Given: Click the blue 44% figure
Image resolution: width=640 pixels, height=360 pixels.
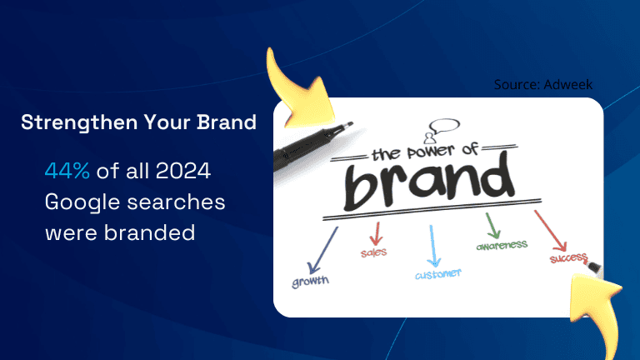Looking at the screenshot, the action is pyautogui.click(x=67, y=171).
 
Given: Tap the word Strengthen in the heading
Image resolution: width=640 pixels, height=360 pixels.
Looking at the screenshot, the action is pyautogui.click(x=79, y=122).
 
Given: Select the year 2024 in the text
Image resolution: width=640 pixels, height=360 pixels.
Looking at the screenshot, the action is pyautogui.click(x=183, y=171).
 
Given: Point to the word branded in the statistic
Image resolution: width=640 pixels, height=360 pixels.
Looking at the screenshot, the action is pyautogui.click(x=149, y=232).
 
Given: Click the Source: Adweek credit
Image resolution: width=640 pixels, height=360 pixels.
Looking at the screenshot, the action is pyautogui.click(x=542, y=84).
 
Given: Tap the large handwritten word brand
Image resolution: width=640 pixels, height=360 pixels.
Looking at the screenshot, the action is pyautogui.click(x=428, y=182).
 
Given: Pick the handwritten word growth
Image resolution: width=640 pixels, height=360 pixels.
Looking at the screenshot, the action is pyautogui.click(x=310, y=281).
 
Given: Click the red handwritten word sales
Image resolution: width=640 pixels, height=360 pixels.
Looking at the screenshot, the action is pyautogui.click(x=373, y=252).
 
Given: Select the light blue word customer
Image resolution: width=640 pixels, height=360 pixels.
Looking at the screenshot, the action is pyautogui.click(x=438, y=274).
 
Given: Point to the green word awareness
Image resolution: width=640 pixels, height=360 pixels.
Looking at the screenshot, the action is pyautogui.click(x=502, y=245).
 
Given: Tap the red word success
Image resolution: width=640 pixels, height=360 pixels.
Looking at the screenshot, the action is pyautogui.click(x=568, y=258).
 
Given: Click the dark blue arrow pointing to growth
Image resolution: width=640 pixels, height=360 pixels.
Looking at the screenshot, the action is pyautogui.click(x=322, y=251).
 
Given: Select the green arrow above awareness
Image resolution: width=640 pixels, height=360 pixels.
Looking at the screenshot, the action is pyautogui.click(x=492, y=226).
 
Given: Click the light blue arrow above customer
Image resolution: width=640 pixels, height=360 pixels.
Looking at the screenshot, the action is pyautogui.click(x=432, y=246).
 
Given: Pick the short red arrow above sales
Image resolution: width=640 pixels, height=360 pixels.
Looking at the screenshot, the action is pyautogui.click(x=377, y=234).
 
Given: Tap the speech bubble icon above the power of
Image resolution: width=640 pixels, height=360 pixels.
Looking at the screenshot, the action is pyautogui.click(x=444, y=126).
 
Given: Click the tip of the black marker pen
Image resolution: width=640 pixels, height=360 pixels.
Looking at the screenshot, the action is pyautogui.click(x=352, y=122).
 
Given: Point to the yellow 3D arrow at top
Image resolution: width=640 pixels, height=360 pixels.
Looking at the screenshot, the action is pyautogui.click(x=298, y=90).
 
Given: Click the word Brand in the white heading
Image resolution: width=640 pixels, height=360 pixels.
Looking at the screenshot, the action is pyautogui.click(x=227, y=122).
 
